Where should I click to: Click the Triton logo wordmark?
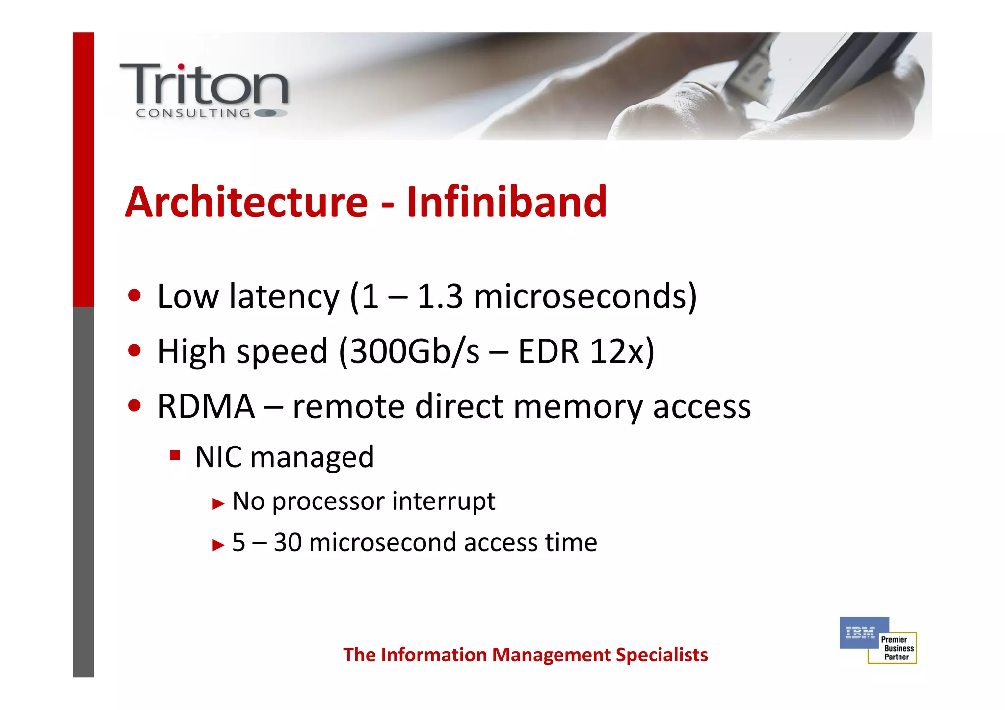coord(204,84)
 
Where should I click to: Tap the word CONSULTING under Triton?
coord(193,113)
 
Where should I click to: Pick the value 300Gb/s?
coord(415,351)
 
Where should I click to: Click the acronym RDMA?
coord(206,406)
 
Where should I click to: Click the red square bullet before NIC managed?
coord(175,455)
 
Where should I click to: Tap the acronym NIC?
coord(218,457)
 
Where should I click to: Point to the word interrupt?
coord(444,501)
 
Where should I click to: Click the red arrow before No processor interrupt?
coord(218,503)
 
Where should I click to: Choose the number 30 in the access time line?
coord(288,542)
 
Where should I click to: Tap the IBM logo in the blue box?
coord(860,633)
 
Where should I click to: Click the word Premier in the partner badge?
coord(894,639)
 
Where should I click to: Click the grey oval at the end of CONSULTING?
coord(270,113)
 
